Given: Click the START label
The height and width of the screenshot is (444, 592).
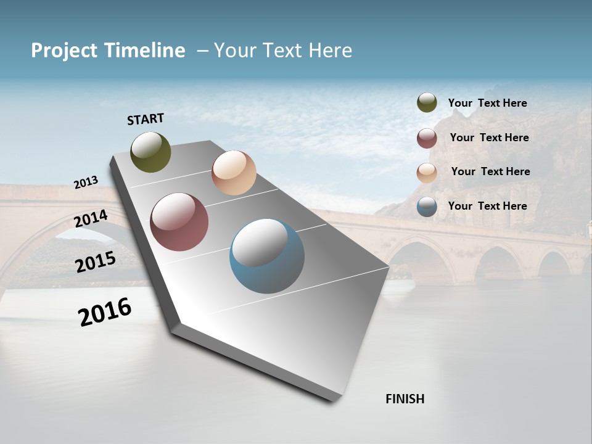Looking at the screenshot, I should pos(146,119).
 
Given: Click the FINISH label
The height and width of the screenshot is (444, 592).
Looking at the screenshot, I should pos(405,399).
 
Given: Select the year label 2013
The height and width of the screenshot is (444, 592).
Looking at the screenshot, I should pos(86,183).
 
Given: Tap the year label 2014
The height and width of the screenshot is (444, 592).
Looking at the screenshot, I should pos(91,219).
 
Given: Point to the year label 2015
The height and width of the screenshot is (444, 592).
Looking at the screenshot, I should pos(96,262).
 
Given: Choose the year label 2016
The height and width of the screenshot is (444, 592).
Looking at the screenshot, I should pos(105,312).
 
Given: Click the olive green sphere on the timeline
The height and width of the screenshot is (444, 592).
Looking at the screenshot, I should pos(150,152).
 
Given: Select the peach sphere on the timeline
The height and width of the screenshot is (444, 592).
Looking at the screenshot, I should pos(234,173).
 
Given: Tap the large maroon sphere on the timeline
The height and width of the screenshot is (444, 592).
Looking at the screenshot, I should pos(179,222).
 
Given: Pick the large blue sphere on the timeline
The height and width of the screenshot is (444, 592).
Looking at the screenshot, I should pos(267,256).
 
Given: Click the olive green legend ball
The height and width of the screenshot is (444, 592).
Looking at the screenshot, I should pos(427,103).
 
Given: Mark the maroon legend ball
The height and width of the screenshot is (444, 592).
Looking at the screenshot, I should pos(427,138).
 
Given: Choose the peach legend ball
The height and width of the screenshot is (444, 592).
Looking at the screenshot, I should pos(427,172).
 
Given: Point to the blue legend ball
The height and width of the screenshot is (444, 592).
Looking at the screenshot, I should pos(427,207).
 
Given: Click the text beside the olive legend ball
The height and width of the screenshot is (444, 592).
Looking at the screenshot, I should pos(487,103).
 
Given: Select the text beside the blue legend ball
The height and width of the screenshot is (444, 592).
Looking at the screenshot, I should pos(487,206).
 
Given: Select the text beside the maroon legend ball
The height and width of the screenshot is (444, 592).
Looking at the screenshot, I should pos(489,138).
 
